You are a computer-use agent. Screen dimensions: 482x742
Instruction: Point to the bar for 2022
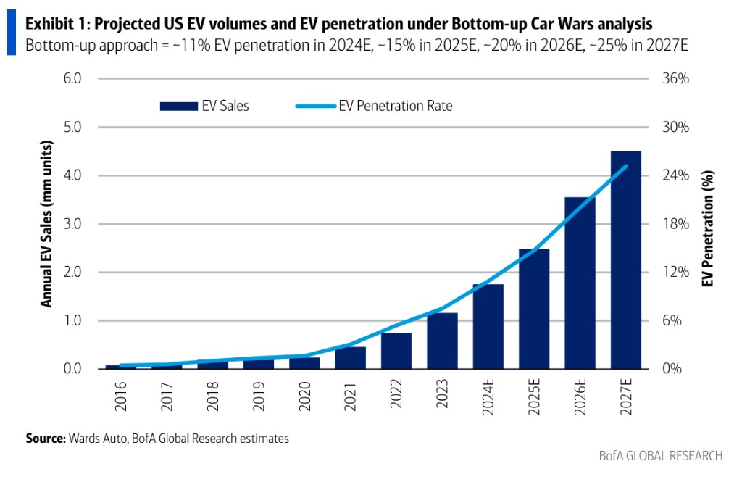click(396, 351)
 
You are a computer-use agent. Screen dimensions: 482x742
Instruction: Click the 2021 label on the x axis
click(351, 395)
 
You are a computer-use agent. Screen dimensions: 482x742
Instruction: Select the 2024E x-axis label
click(488, 399)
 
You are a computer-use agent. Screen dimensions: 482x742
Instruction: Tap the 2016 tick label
click(121, 395)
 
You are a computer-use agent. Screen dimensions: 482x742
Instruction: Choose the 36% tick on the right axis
click(675, 79)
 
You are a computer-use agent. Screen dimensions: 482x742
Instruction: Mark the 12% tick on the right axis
click(675, 273)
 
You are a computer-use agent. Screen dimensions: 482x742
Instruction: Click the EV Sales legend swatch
click(178, 107)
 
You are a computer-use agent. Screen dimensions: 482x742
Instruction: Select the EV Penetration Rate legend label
click(396, 106)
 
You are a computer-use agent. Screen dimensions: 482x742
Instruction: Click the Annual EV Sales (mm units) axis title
click(46, 224)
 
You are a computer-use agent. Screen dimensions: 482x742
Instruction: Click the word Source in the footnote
click(45, 439)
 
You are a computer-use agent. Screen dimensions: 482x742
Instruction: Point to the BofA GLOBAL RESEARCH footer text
click(660, 456)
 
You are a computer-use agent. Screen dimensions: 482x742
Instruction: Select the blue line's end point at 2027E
click(626, 167)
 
